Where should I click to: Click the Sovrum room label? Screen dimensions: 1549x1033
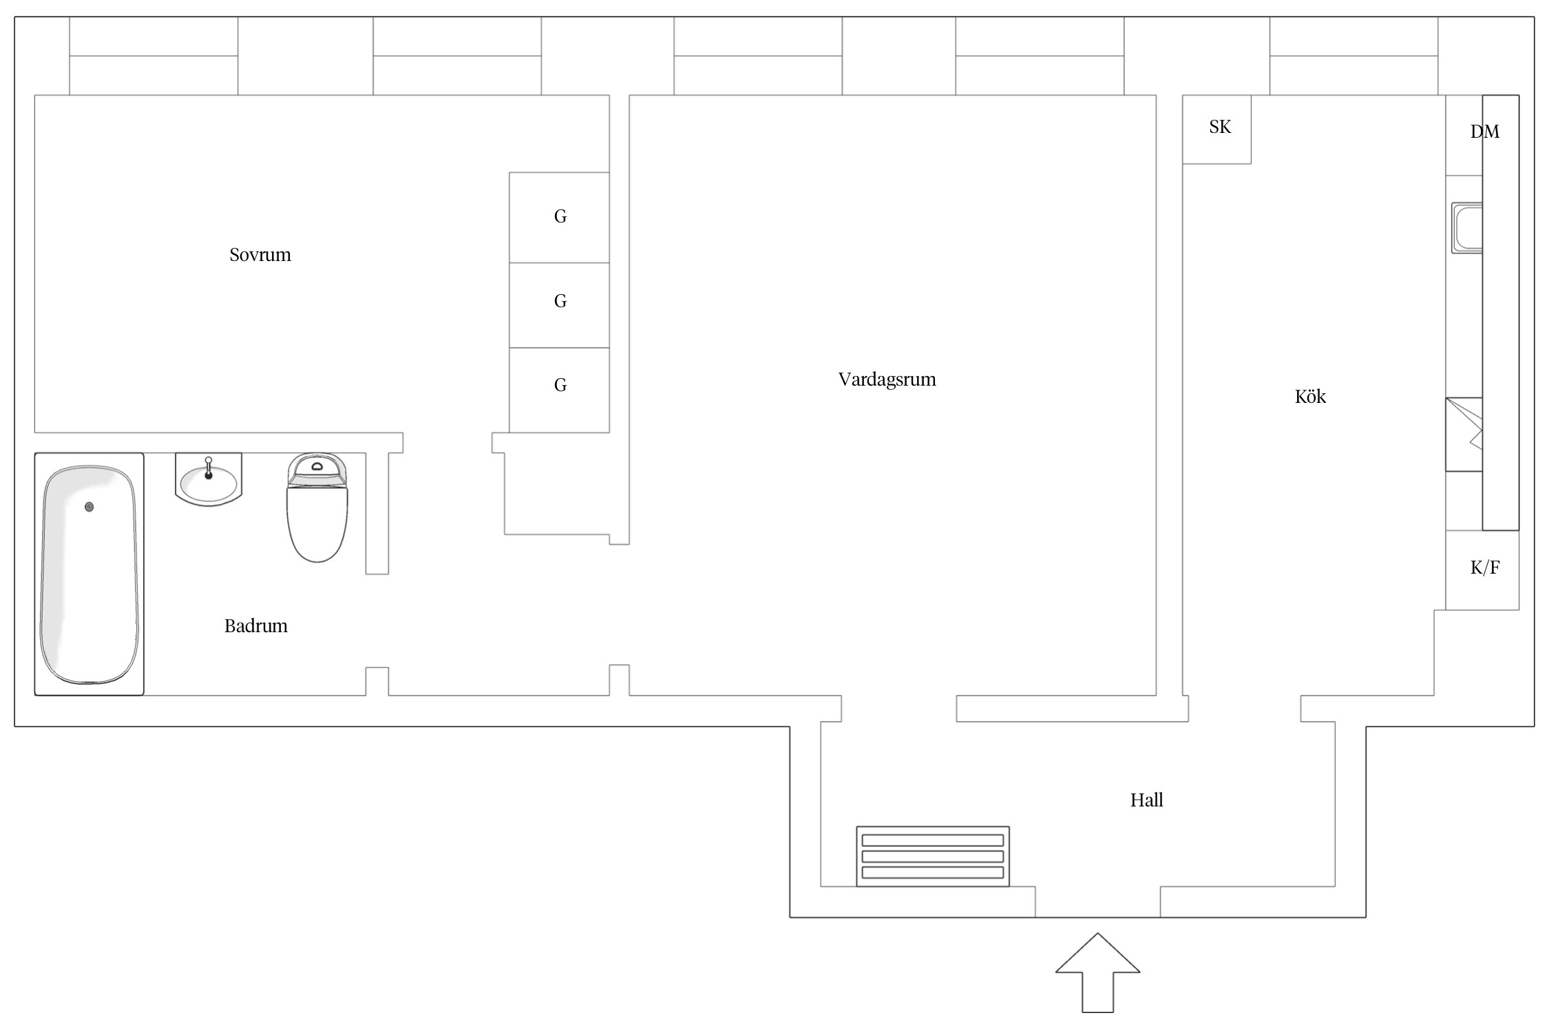(260, 255)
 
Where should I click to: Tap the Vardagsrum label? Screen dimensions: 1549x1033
(887, 379)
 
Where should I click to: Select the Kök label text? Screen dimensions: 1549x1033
(1310, 396)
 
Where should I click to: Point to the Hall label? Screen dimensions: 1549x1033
(1146, 800)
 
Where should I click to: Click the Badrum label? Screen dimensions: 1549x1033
(255, 626)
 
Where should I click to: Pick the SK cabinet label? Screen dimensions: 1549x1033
(1220, 127)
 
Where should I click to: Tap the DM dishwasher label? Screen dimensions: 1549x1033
(1484, 132)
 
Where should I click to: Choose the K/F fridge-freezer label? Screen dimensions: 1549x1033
(1485, 567)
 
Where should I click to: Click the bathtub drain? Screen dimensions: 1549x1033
(89, 507)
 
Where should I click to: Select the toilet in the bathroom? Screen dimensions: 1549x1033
(317, 508)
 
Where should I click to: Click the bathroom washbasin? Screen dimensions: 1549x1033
(209, 479)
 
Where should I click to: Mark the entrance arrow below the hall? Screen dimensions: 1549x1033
(1097, 972)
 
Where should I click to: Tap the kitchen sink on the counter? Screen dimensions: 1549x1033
(1467, 227)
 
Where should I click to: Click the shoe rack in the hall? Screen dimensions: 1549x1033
(933, 856)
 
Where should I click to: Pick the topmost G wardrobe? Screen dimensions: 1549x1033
(559, 218)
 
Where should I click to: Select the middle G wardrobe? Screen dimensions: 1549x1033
(559, 305)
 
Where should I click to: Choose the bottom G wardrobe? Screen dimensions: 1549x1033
(559, 390)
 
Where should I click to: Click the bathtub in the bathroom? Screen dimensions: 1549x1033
(89, 574)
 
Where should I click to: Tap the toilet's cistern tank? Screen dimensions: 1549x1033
(317, 470)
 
